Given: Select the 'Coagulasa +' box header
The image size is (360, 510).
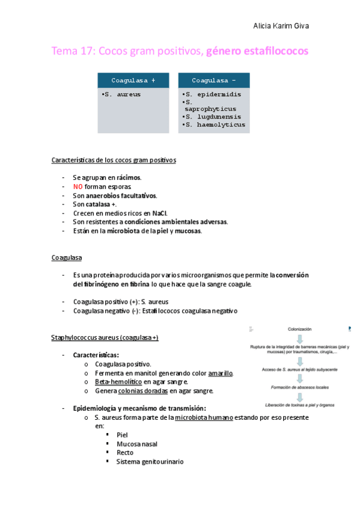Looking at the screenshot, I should [x=132, y=80].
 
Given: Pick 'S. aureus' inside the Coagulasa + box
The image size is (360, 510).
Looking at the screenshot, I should [x=121, y=94].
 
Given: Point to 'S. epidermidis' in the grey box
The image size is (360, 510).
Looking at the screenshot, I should [x=213, y=94].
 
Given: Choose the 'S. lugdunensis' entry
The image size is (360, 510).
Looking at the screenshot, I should [x=213, y=117].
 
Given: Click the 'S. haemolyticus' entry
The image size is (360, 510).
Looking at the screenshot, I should [x=215, y=124].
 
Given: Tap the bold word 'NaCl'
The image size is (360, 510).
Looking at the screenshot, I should [x=159, y=213].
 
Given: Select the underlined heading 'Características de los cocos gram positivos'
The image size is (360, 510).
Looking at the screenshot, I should [x=114, y=160].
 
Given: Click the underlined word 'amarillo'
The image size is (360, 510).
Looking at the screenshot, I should [x=220, y=373].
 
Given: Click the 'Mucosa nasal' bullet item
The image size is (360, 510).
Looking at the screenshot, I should [x=137, y=444].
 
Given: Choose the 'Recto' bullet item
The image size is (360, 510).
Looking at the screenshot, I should [x=125, y=452].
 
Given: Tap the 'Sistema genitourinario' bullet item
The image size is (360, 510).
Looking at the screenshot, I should [x=150, y=461].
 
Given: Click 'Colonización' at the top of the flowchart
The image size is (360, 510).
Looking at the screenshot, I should [x=299, y=329].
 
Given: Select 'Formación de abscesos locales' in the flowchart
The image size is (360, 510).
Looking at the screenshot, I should [x=299, y=386].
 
